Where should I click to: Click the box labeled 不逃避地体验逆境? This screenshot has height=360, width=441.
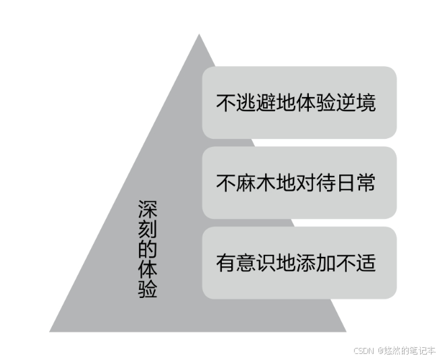299,102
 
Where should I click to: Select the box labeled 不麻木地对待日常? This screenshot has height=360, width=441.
299,183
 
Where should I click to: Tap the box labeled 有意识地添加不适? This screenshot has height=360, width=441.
299,262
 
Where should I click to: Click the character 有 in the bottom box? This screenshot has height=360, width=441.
225,262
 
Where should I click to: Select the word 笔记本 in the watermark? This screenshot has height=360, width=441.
422,351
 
